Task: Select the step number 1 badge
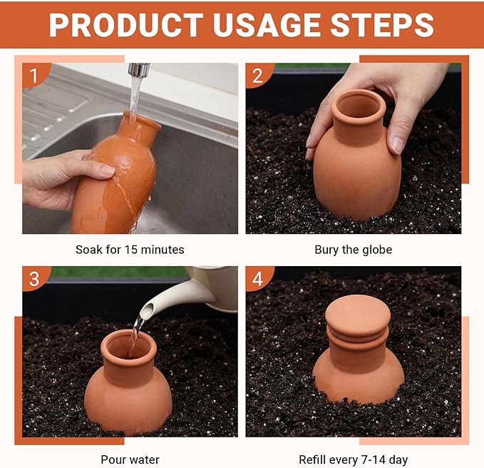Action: click(x=34, y=73)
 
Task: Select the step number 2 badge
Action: click(x=257, y=73)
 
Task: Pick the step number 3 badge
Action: click(x=34, y=277)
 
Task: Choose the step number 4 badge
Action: click(x=257, y=277)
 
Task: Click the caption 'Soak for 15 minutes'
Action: click(x=130, y=250)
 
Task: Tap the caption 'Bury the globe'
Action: click(x=354, y=250)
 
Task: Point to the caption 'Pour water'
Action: click(x=130, y=459)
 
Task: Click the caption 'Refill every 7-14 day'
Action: click(x=354, y=459)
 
